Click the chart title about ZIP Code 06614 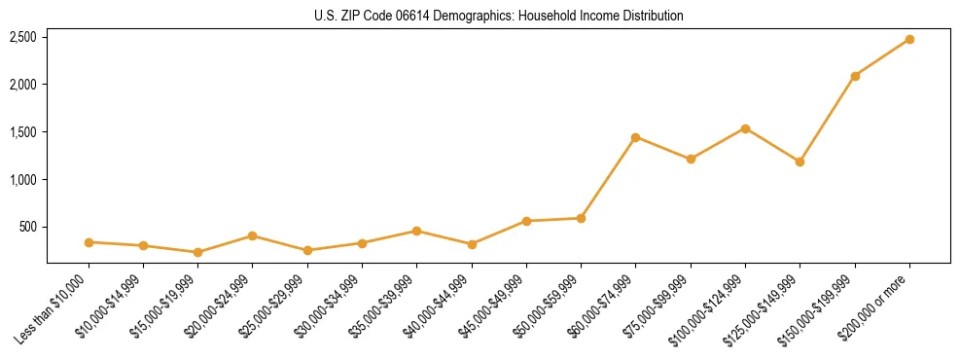(x=499, y=16)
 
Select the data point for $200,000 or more (x=909, y=39)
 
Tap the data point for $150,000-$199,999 (x=855, y=76)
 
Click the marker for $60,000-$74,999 (x=635, y=137)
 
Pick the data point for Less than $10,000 (x=89, y=242)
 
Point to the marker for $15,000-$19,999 (x=197, y=252)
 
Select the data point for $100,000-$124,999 (x=745, y=128)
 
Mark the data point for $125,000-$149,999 (x=800, y=162)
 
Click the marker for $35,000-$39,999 (x=416, y=231)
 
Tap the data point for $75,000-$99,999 (x=691, y=159)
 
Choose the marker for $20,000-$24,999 (x=252, y=235)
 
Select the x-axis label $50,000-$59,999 (x=551, y=306)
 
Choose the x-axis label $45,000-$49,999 (x=497, y=306)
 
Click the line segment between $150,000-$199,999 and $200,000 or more (x=882, y=57)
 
